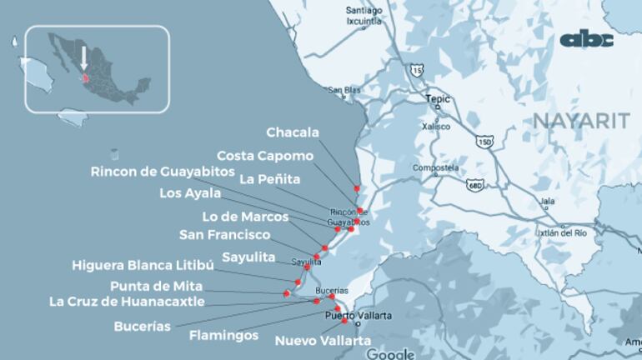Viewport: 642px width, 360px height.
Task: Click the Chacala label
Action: pos(292,132)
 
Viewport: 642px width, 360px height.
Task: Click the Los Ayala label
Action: pos(190,193)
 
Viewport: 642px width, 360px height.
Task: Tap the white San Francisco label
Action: pos(225,235)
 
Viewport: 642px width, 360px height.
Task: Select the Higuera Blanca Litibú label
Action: pos(143,266)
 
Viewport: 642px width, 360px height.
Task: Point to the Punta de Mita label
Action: pos(156,286)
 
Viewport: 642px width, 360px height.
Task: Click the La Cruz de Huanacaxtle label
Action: pos(127,302)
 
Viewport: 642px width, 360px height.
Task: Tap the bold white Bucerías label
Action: pos(142,327)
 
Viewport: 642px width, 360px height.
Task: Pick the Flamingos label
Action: pos(223,336)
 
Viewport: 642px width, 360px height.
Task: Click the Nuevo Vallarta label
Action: pos(323,341)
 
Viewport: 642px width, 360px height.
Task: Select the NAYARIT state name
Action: pos(581,122)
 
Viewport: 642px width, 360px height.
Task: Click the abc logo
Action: pos(586,39)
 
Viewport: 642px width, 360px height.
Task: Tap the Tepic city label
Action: pos(438,98)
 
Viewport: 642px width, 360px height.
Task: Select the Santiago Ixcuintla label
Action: pos(364,15)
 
